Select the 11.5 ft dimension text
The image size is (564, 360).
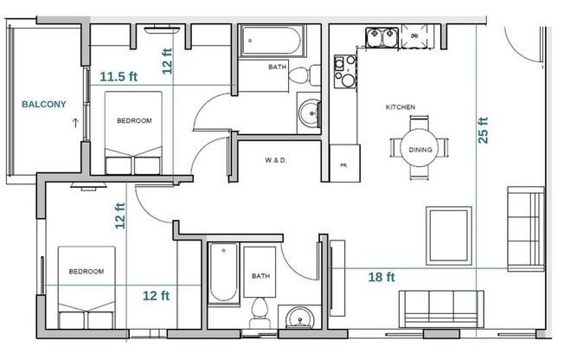click(119, 76)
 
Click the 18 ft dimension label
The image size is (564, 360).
click(381, 277)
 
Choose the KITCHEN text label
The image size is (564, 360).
click(400, 107)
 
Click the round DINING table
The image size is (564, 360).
click(420, 149)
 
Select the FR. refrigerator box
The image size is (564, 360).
click(344, 164)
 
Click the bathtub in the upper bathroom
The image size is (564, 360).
click(269, 40)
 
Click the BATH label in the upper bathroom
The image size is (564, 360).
click(277, 67)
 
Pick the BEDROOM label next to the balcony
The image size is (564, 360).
click(134, 121)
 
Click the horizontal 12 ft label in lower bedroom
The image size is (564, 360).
click(156, 295)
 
